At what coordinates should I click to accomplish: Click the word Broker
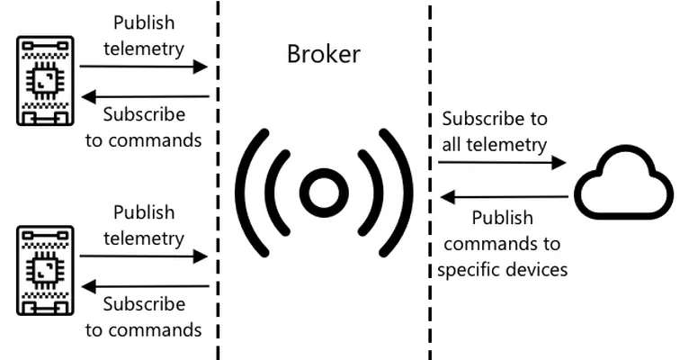(324, 54)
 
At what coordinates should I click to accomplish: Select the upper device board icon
(45, 81)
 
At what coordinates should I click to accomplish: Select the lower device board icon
(45, 271)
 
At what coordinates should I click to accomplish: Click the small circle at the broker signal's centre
(324, 193)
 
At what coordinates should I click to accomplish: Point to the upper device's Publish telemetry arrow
(143, 67)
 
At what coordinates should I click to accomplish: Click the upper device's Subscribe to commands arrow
(146, 96)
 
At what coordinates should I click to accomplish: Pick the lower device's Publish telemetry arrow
(143, 256)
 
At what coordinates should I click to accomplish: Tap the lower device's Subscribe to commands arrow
(146, 286)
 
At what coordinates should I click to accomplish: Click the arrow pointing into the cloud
(502, 163)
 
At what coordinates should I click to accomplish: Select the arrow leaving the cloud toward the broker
(505, 197)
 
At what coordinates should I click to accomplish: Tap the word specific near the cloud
(467, 269)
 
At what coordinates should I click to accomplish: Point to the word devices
(535, 269)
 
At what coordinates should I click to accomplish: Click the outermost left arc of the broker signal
(249, 193)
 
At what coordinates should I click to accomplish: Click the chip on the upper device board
(45, 81)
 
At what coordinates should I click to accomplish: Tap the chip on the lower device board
(45, 271)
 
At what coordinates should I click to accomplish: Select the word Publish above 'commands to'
(502, 218)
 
